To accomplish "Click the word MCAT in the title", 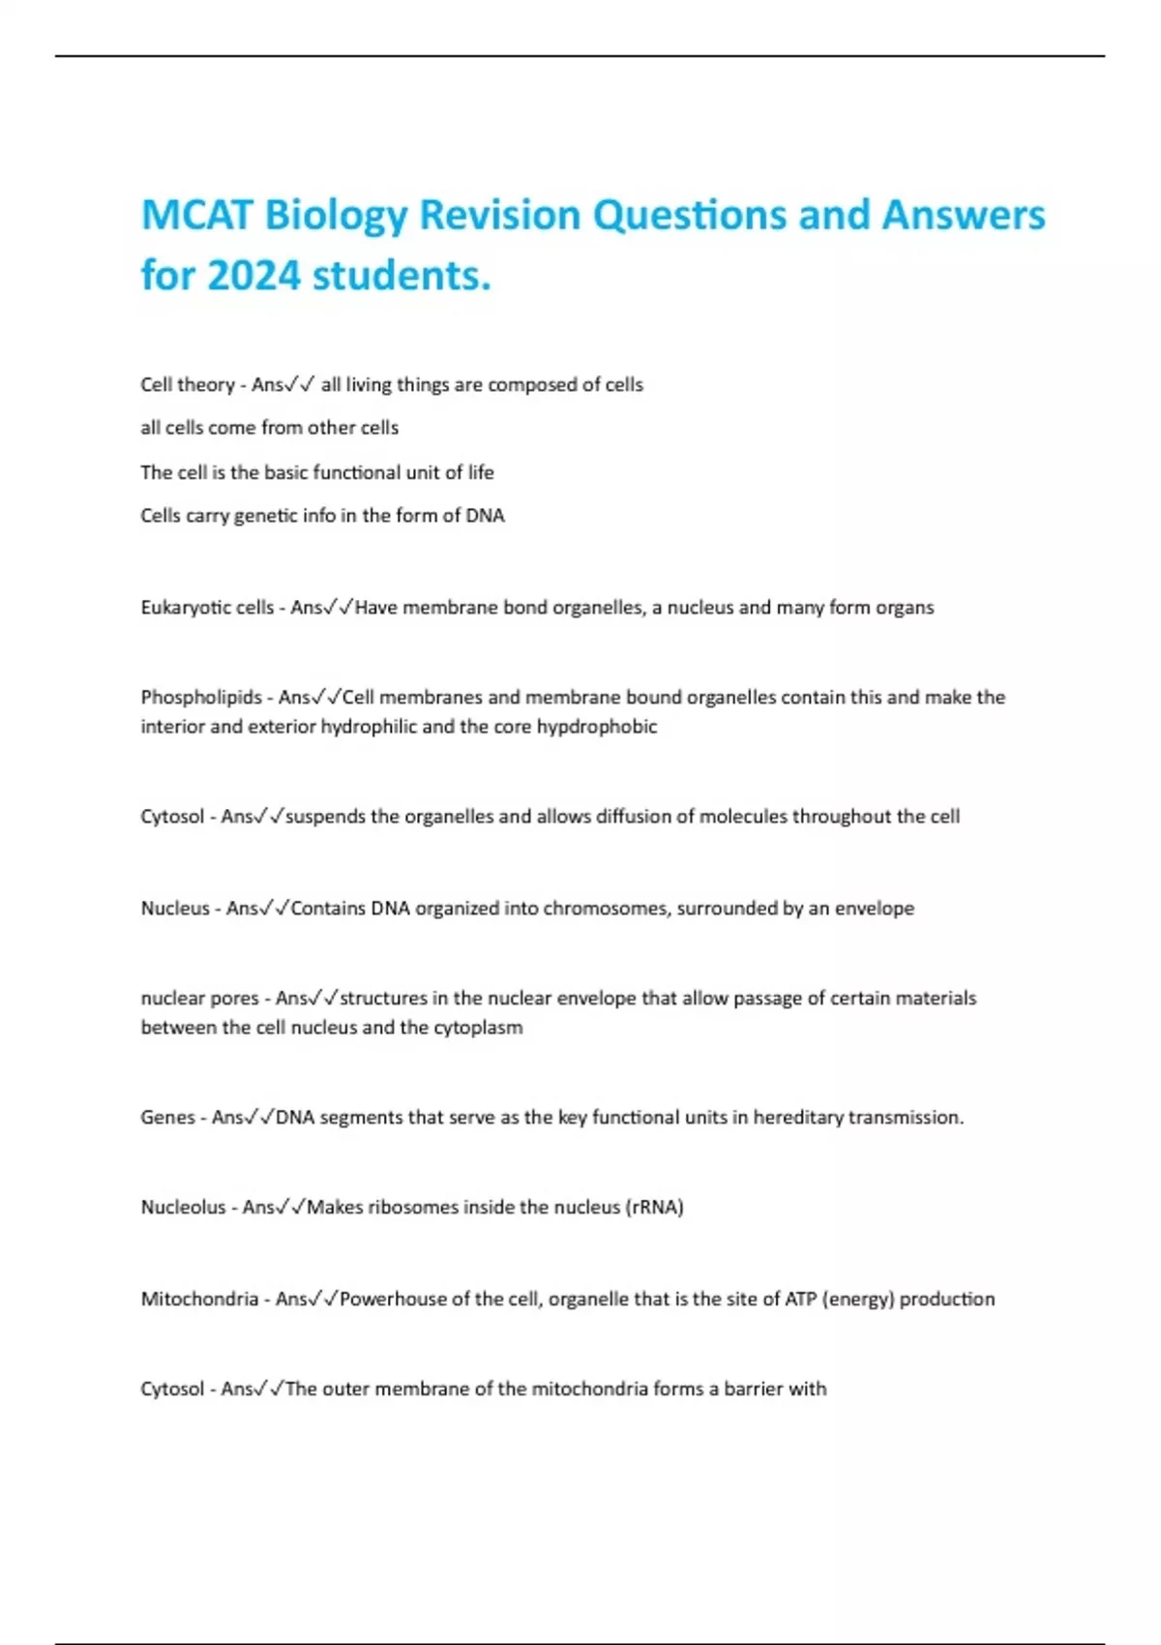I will pos(196,215).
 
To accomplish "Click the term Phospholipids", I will pos(201,698).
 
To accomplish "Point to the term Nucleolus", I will pos(183,1207).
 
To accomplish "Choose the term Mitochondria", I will pos(199,1299).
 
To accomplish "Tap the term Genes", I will pos(167,1117).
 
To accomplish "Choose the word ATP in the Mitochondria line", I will pos(800,1299).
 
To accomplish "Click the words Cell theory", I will pos(188,385).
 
